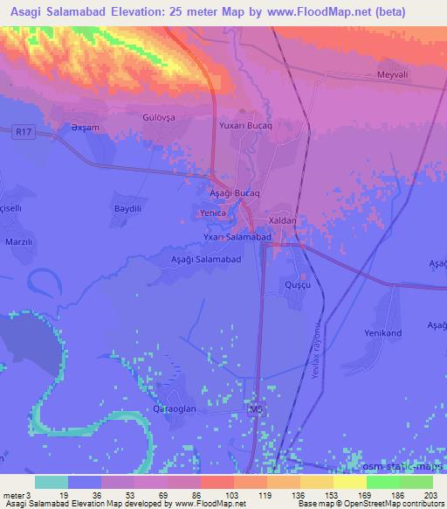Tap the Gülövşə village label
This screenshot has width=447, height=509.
tap(160, 116)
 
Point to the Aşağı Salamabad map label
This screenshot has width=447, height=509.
tap(205, 260)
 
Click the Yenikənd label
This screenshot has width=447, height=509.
tap(382, 333)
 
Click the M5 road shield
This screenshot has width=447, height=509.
tap(255, 408)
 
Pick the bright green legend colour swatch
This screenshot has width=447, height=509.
tap(382, 481)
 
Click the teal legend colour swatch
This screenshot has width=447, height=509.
tap(52, 481)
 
